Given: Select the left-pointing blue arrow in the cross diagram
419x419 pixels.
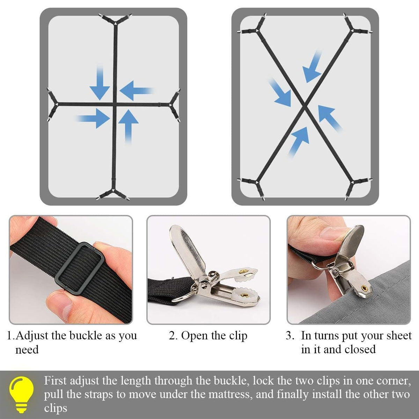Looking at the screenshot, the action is tap(136, 91).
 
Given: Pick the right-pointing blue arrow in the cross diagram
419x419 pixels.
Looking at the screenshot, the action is tap(93, 119).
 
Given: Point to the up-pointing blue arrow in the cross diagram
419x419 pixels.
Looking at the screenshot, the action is tap(128, 126).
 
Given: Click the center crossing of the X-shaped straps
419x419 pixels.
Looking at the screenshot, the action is tap(305, 107).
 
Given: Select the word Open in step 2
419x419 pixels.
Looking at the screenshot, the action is tap(194, 336).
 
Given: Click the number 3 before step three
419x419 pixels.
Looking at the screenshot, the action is tap(289, 336).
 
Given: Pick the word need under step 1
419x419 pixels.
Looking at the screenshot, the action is tap(27, 350).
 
